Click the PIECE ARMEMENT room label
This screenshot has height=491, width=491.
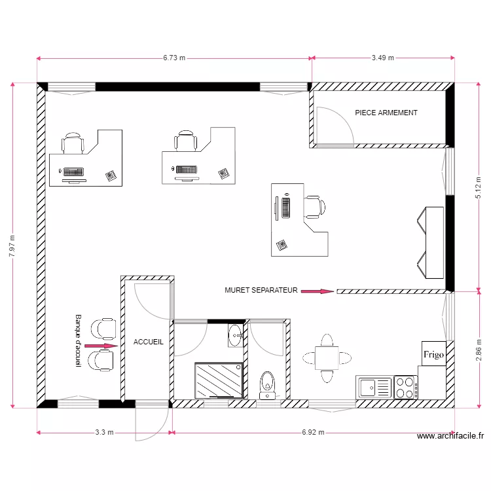pos(386,113)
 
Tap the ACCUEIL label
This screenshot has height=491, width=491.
pos(149,342)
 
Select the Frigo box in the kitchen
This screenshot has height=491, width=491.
pos(433,354)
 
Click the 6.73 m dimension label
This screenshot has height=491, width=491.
pos(174,58)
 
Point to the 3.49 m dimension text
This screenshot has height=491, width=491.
pos(383,58)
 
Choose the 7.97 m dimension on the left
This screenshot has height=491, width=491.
pos(12,246)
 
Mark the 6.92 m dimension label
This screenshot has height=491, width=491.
pos(313,432)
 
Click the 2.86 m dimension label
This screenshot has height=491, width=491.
pos(479,350)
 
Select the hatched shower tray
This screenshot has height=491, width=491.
pos(219,380)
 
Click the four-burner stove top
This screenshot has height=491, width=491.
pos(405,388)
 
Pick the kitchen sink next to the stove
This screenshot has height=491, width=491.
pos(374,388)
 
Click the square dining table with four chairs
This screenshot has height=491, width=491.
pos(327,358)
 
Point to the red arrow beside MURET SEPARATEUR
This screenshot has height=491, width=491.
pos(318,291)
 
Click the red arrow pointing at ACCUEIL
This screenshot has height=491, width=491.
pos(101,346)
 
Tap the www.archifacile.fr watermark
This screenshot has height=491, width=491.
pos(450,436)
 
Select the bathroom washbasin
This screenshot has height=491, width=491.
pos(236,336)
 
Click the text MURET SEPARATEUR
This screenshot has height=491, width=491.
pos(261,290)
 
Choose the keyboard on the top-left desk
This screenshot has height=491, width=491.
pos(73,172)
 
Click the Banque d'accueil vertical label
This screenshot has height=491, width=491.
pos(79,340)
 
